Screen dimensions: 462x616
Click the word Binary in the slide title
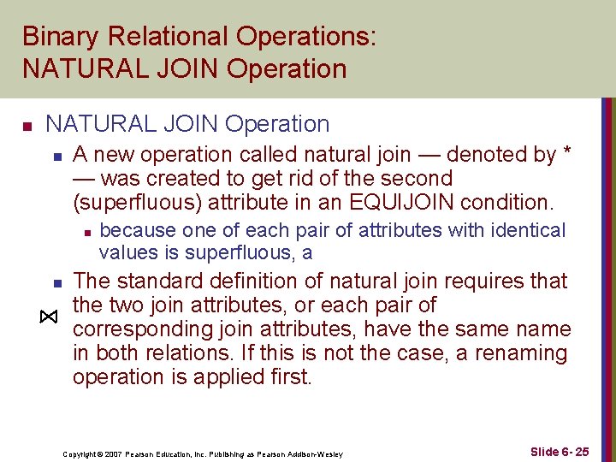57,38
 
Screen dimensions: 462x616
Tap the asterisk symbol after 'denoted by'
566,155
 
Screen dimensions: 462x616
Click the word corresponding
142,329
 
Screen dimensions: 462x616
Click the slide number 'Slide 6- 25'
559,451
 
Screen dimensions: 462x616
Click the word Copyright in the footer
80,453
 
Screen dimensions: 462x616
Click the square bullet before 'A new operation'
56,157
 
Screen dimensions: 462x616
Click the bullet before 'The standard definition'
56,282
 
